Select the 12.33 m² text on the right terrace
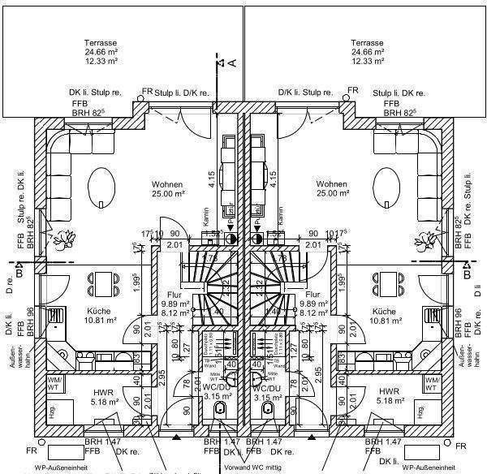point(367,62)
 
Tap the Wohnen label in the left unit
point(167,184)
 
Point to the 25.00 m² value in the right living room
point(333,195)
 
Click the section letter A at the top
point(231,62)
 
